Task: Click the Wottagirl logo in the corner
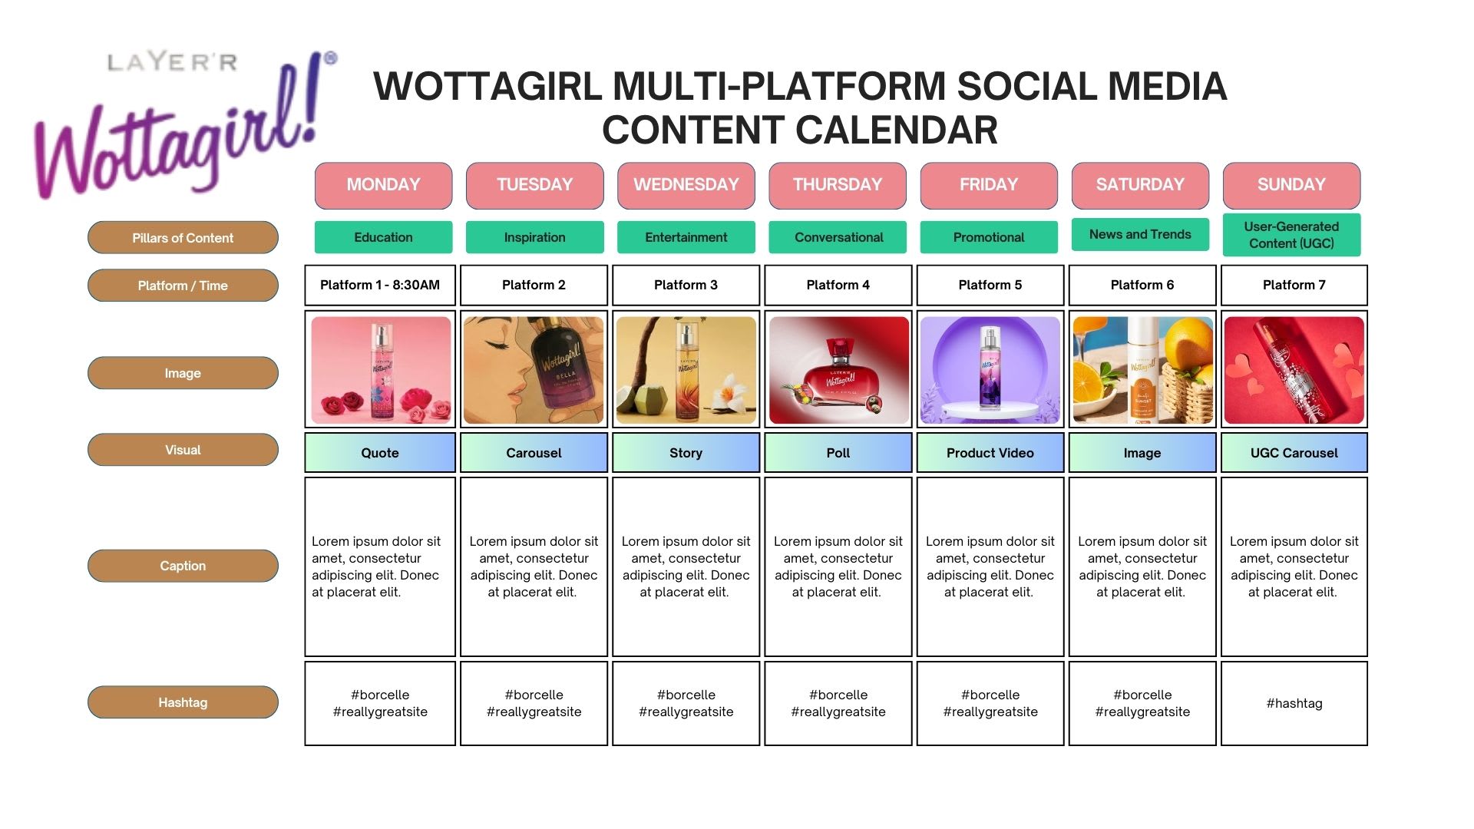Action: tap(184, 123)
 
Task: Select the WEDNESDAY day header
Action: tap(686, 185)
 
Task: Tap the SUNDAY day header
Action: tap(1291, 185)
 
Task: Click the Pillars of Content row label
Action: tap(183, 238)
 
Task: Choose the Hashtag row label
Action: tap(183, 702)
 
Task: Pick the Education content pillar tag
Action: tap(383, 237)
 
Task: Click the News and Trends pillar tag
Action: tap(1140, 234)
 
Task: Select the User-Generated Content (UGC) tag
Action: tap(1291, 235)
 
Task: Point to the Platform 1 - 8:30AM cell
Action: tap(380, 285)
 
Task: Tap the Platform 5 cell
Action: tap(990, 285)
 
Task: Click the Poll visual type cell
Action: tap(838, 453)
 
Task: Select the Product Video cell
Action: tap(990, 453)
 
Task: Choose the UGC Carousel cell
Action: tap(1294, 453)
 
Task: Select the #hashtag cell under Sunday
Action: tap(1294, 703)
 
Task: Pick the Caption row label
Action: tap(183, 566)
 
